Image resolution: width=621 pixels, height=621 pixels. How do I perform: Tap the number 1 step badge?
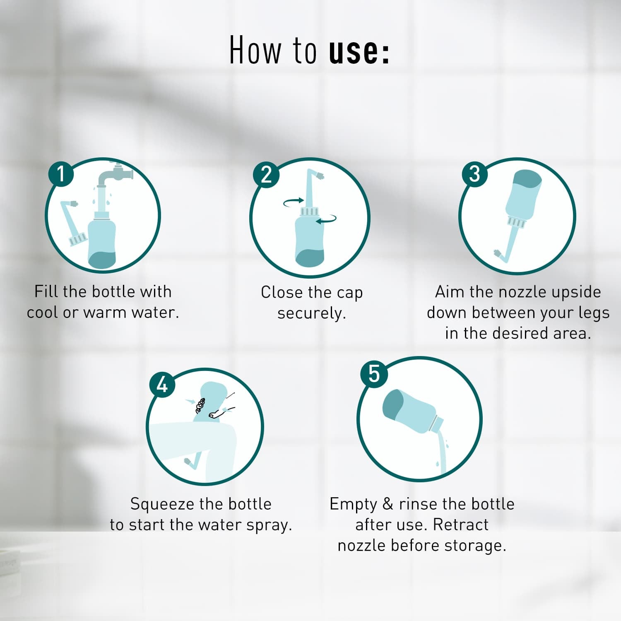[x=61, y=173]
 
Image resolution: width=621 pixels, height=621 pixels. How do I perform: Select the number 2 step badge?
[x=266, y=174]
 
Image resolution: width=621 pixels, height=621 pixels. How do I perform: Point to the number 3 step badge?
[x=474, y=173]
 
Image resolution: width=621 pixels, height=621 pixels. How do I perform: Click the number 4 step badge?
[x=162, y=385]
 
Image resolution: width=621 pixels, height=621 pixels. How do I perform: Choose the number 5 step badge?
[x=373, y=374]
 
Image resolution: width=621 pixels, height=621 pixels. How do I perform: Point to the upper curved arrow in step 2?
[x=294, y=202]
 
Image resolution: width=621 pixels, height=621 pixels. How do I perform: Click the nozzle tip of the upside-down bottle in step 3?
[x=498, y=253]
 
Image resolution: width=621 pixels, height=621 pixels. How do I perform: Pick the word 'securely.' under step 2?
[x=311, y=313]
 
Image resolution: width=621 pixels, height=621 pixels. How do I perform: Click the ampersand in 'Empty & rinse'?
[x=388, y=504]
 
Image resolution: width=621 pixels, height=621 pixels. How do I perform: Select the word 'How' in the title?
[x=255, y=51]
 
